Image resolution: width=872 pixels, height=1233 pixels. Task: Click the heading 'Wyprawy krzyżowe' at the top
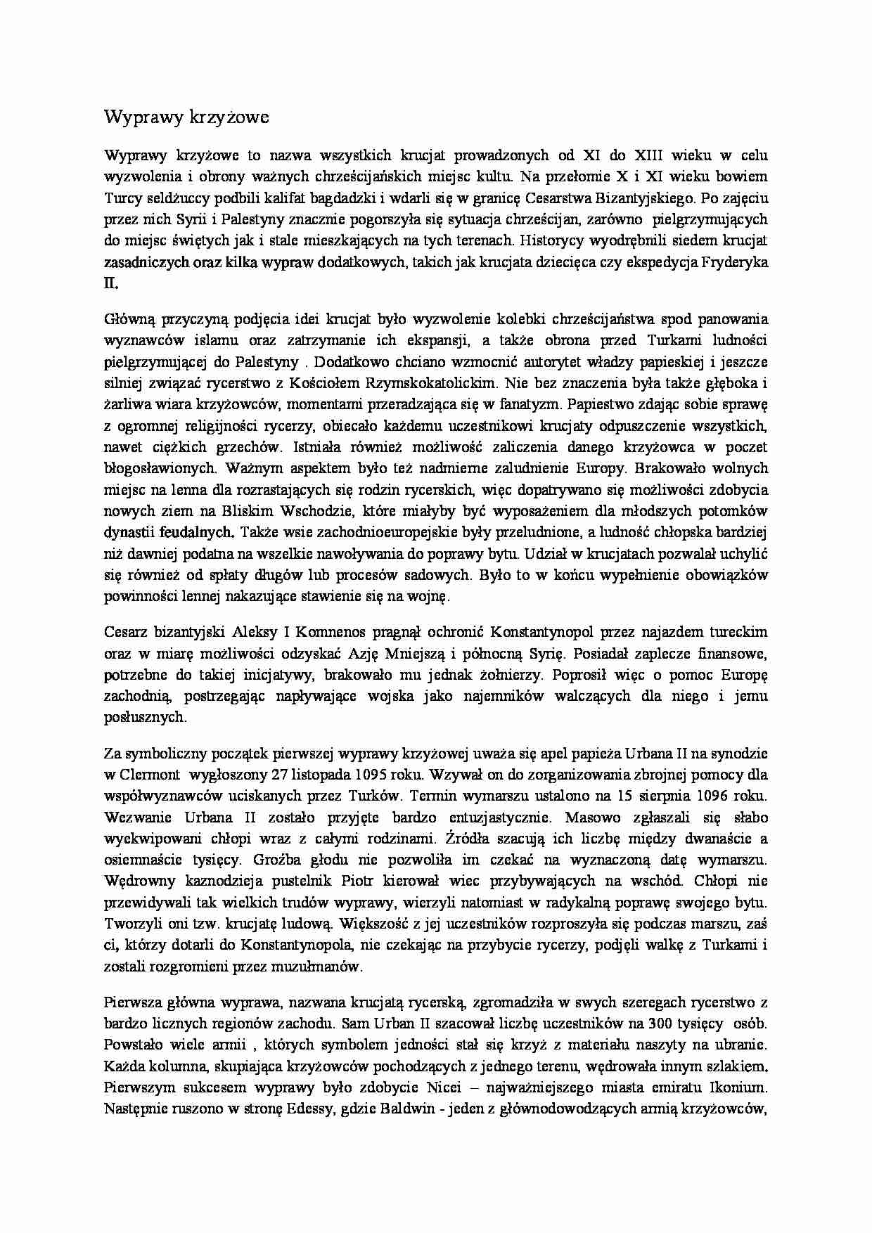186,117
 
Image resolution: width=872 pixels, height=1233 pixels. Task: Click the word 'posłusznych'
145,718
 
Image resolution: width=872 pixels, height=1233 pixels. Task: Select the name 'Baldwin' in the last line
403,1109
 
